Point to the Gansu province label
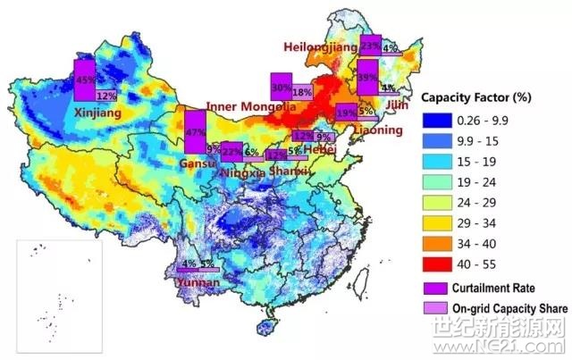(x=191, y=163)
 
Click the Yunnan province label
(x=198, y=282)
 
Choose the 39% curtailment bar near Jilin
(x=366, y=77)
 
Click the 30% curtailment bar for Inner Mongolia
(x=281, y=88)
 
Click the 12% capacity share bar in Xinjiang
(x=106, y=95)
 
